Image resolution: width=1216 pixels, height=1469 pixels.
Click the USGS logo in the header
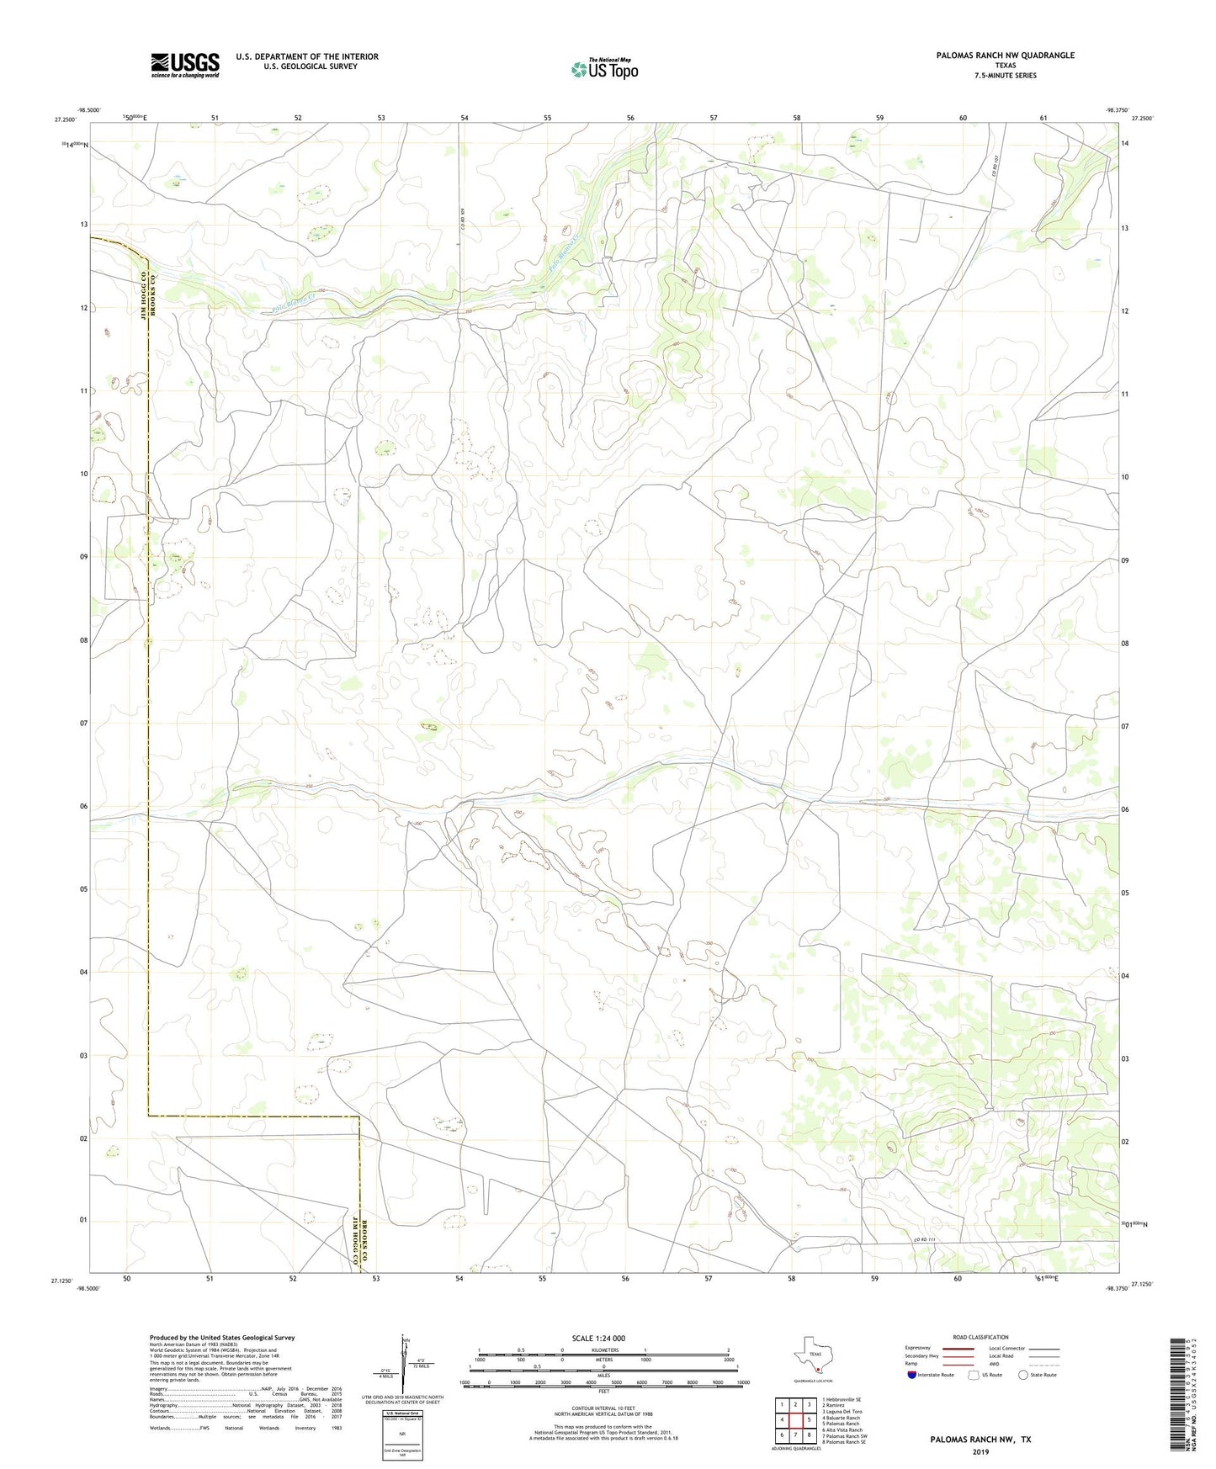pyautogui.click(x=185, y=65)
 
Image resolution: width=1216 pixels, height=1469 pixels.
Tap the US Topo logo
pyautogui.click(x=603, y=69)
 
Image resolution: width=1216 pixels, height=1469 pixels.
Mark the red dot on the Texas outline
pyautogui.click(x=817, y=1369)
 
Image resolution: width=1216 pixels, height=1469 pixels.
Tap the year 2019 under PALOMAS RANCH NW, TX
pyautogui.click(x=980, y=1452)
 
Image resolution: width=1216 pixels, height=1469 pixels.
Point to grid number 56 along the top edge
pyautogui.click(x=630, y=119)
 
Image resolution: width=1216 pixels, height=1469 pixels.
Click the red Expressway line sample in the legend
pyautogui.click(x=958, y=1348)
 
